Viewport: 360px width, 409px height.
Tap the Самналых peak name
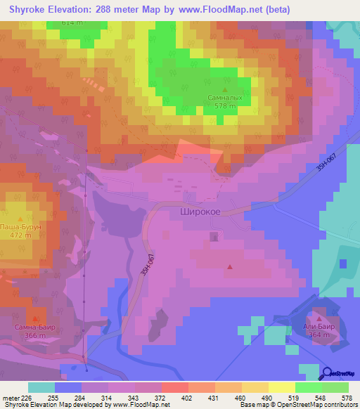(x=225, y=98)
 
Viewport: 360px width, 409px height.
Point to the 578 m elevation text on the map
(x=225, y=105)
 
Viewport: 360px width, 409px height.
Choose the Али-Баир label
(x=319, y=327)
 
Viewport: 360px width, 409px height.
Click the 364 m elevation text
(x=319, y=335)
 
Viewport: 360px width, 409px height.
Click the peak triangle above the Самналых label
(x=225, y=89)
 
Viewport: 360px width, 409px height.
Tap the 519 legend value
(x=301, y=397)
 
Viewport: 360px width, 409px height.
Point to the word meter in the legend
(x=11, y=397)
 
